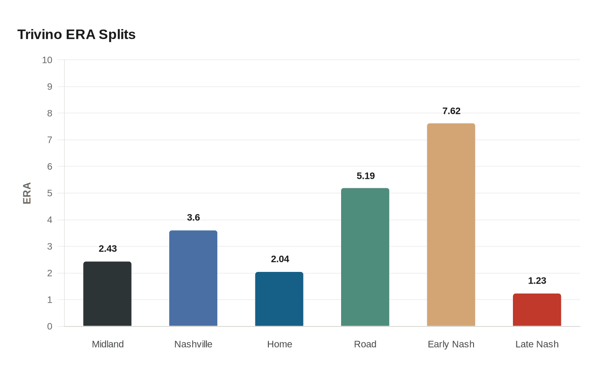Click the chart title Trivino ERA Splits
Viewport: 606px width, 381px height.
point(76,34)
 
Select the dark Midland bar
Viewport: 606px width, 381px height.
point(107,294)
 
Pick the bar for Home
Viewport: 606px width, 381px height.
point(279,299)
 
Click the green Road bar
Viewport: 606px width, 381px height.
point(365,257)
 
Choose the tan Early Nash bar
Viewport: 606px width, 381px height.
point(451,225)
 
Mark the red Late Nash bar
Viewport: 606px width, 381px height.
point(537,310)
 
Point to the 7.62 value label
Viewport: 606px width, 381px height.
point(451,111)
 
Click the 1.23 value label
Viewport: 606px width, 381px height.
point(537,281)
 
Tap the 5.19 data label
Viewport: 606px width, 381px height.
point(366,176)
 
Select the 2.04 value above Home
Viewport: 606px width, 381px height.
point(280,259)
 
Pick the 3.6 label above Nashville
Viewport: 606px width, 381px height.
point(193,218)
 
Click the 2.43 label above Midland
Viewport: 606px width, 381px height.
point(108,249)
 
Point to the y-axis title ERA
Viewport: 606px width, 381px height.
point(27,193)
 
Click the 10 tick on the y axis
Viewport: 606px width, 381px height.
point(47,60)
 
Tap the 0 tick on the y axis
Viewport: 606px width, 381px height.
point(50,326)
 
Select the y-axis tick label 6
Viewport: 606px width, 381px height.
point(50,167)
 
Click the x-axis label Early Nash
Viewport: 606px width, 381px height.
point(451,344)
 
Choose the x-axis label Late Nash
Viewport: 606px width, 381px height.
point(537,344)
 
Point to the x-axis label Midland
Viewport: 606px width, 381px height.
point(108,344)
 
